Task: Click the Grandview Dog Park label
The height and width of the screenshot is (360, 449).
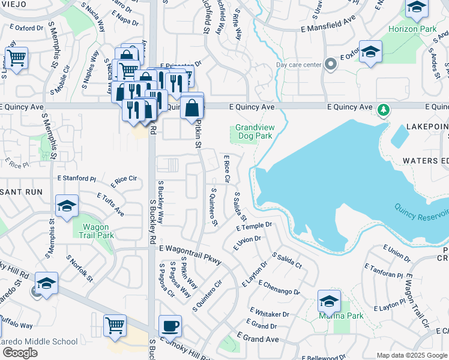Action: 253,131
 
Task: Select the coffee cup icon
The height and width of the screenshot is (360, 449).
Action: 170,326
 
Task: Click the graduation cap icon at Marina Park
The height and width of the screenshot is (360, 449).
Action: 329,301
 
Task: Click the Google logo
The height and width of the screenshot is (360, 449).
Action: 20,353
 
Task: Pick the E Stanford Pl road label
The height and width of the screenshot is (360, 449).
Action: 77,178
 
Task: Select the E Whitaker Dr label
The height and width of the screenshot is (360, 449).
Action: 268,314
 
